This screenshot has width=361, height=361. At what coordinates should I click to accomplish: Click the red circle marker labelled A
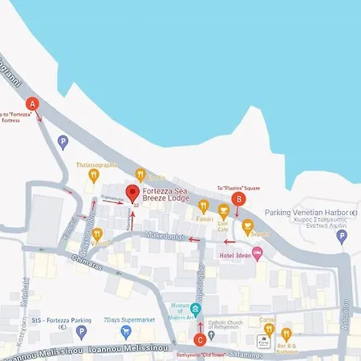click(x=33, y=103)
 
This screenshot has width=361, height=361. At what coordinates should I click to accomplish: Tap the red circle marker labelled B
click(x=237, y=199)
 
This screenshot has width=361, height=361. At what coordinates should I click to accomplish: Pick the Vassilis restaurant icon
click(x=97, y=233)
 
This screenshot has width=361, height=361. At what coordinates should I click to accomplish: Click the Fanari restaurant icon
click(x=204, y=208)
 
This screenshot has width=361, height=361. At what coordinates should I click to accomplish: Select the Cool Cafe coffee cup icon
click(x=223, y=212)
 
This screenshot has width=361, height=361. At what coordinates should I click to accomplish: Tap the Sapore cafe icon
click(x=247, y=227)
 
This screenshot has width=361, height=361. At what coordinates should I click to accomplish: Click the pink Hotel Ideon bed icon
click(x=258, y=254)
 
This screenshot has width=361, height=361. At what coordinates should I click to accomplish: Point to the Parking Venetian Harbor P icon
click(x=342, y=236)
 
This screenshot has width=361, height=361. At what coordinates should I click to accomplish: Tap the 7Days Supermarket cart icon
click(x=125, y=331)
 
